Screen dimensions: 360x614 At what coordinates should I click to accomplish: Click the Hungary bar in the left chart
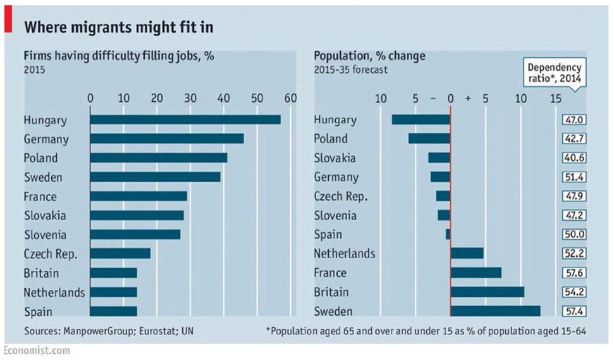click(185, 120)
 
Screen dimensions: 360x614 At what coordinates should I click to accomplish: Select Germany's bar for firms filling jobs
click(167, 139)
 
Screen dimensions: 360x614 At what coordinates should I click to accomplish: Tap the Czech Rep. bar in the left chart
click(120, 253)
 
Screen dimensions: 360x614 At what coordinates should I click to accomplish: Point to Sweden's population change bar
click(495, 311)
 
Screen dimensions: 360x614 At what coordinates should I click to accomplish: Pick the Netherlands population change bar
click(467, 253)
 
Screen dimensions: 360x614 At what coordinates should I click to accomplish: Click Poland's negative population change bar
click(429, 139)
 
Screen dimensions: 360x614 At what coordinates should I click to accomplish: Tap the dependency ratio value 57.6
click(574, 273)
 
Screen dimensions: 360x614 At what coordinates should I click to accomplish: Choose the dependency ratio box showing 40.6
click(574, 158)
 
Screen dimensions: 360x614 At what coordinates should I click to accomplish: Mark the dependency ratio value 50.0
click(574, 234)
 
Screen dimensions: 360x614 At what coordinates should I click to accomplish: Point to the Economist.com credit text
click(36, 351)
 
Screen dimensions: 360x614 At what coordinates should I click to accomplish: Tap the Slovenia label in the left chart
click(44, 234)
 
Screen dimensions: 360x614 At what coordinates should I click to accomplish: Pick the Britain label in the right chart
click(331, 292)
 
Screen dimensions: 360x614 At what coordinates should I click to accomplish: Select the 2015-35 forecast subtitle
click(351, 70)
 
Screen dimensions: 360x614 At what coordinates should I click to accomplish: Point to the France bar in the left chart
click(138, 196)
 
